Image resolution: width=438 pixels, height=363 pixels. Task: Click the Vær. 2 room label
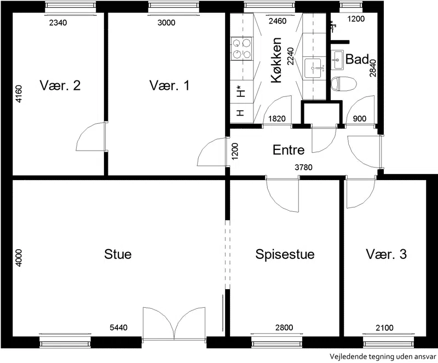(60, 85)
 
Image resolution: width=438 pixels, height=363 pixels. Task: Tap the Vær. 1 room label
(170, 85)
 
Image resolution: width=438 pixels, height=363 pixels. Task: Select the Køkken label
(276, 60)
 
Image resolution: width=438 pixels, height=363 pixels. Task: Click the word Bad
(358, 59)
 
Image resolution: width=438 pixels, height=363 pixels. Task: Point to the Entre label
(289, 150)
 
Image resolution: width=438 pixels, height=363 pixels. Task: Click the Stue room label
(118, 254)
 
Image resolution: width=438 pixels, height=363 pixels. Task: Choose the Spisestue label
(285, 255)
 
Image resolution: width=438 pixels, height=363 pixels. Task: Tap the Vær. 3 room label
(387, 254)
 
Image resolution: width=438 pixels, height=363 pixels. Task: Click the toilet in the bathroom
(344, 84)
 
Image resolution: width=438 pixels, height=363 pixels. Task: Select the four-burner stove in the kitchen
(241, 48)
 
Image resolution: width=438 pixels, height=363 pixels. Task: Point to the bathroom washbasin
(337, 60)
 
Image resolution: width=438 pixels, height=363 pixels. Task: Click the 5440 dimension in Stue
(118, 327)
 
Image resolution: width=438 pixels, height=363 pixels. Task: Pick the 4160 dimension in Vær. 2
(19, 94)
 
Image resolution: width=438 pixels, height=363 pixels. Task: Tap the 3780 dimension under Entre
(304, 168)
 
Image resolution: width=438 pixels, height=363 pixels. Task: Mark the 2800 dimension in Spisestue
(284, 327)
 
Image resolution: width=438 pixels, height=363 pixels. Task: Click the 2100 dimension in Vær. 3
(384, 327)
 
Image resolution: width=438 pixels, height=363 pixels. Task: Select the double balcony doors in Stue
(174, 324)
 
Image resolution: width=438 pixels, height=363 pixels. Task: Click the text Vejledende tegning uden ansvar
(383, 357)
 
